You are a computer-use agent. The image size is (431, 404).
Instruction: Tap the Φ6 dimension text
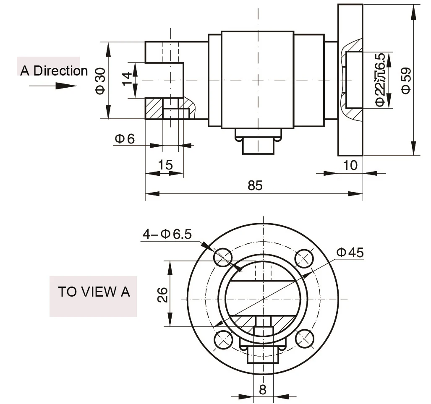click(x=125, y=139)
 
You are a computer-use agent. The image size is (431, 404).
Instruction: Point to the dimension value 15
click(x=165, y=165)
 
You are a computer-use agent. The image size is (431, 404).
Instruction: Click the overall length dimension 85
click(x=255, y=185)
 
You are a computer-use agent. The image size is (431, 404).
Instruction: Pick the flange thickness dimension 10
click(x=350, y=165)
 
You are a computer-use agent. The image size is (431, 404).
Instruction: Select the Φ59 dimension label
click(x=406, y=80)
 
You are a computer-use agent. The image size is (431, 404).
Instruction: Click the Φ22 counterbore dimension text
click(x=380, y=80)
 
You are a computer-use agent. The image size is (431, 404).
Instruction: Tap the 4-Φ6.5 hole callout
click(x=167, y=234)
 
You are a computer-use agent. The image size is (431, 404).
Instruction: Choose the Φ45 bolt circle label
click(x=350, y=252)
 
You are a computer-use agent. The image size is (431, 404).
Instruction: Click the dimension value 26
click(x=163, y=295)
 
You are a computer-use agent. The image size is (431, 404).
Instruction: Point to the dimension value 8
click(x=263, y=390)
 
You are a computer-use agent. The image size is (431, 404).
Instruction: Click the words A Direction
click(x=54, y=70)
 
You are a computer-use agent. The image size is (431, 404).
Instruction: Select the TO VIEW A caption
click(x=94, y=292)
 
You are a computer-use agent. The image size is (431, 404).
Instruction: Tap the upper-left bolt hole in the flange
click(x=223, y=257)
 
